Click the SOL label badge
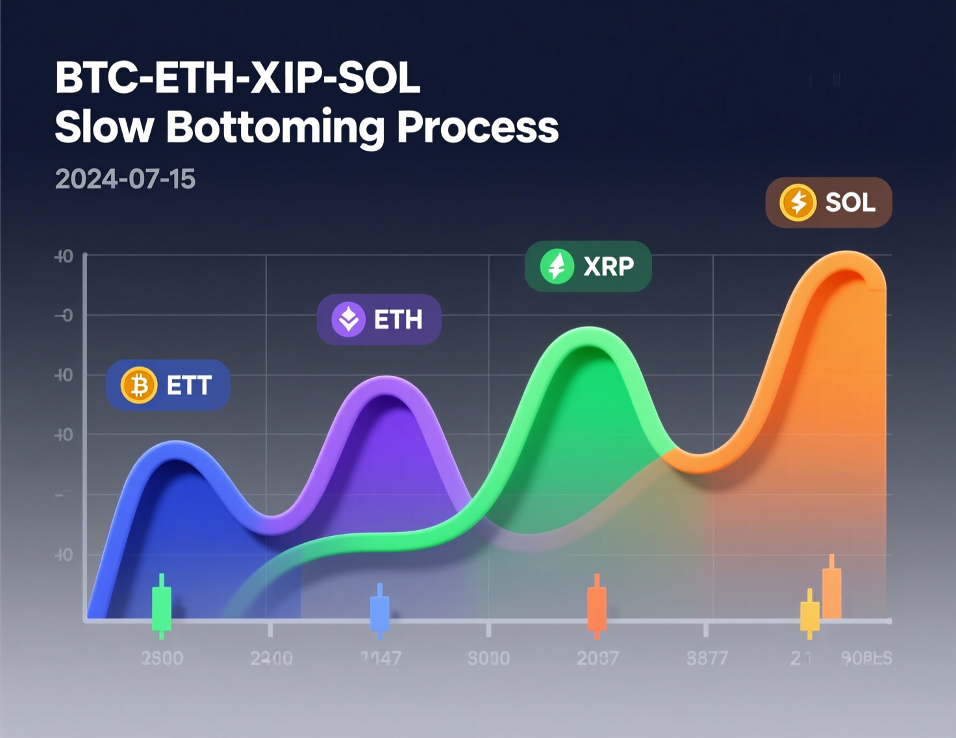[829, 203]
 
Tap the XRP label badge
[588, 266]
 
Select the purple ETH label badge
[379, 320]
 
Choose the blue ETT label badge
[168, 385]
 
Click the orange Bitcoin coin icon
[139, 385]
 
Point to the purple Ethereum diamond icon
[349, 320]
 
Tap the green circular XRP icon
[557, 266]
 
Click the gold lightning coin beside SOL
[798, 203]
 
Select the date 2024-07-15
[125, 179]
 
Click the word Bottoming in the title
[276, 127]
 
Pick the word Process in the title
[477, 127]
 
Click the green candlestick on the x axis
[162, 607]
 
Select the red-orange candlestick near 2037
[597, 607]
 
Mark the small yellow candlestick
[810, 615]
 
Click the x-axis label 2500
[162, 658]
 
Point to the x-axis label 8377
[707, 658]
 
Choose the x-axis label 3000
[488, 658]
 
